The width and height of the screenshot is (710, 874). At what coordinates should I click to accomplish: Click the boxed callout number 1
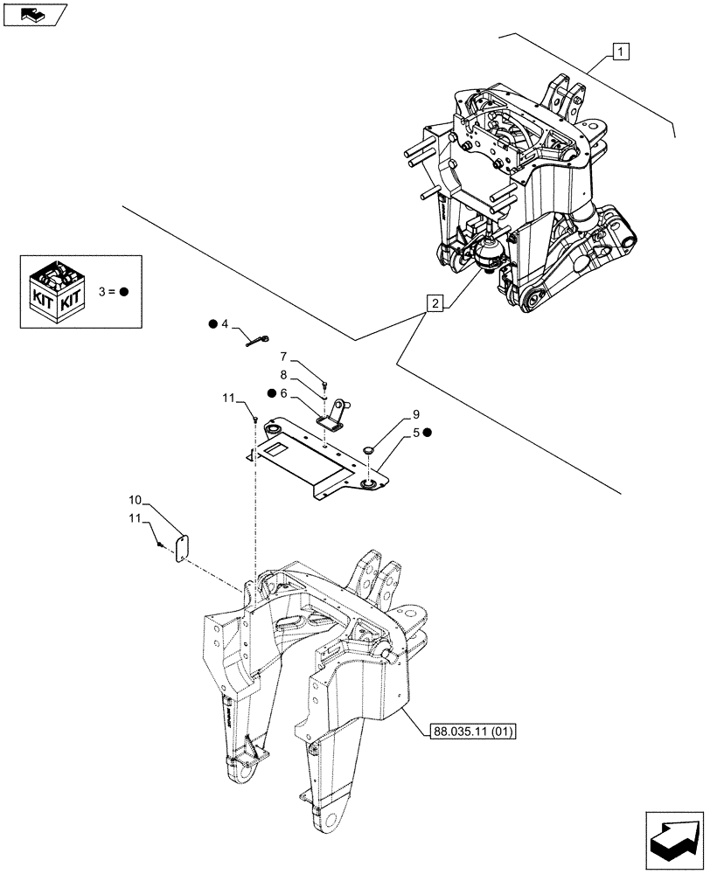(618, 52)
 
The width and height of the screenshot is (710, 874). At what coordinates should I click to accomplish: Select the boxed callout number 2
(435, 303)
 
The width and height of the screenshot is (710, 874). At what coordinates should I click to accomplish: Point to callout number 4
(225, 324)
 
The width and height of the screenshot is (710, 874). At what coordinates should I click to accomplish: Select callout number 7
(284, 356)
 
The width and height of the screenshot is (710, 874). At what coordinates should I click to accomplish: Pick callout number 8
(284, 374)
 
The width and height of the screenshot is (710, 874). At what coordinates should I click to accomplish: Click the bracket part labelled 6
(333, 417)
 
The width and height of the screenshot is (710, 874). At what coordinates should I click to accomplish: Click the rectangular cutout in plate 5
(280, 449)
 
